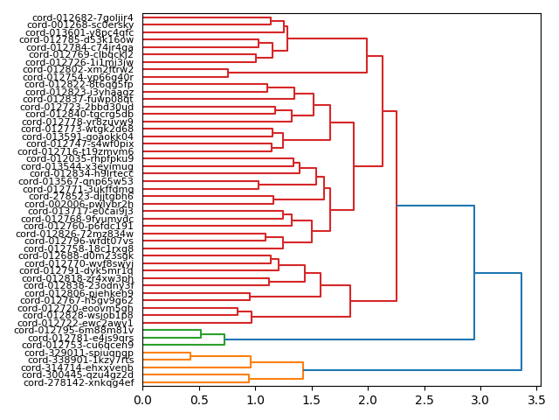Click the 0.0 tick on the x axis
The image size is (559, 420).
(x=142, y=400)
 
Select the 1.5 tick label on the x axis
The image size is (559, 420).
(x=311, y=400)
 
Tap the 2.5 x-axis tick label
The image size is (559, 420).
(x=424, y=400)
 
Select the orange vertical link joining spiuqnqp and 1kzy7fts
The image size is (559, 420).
(x=190, y=356)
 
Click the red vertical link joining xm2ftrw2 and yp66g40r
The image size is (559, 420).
(x=228, y=73)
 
